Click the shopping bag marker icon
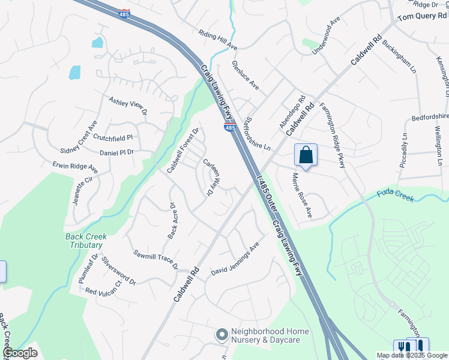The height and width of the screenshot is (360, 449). (306, 155)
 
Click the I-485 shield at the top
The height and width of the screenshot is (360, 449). (124, 13)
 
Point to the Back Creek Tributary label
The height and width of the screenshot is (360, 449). (85, 241)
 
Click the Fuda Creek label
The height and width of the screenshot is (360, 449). (396, 196)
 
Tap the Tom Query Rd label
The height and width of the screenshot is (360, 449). (422, 16)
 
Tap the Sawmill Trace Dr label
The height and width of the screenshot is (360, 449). (156, 259)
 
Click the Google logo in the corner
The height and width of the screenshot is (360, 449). (20, 353)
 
